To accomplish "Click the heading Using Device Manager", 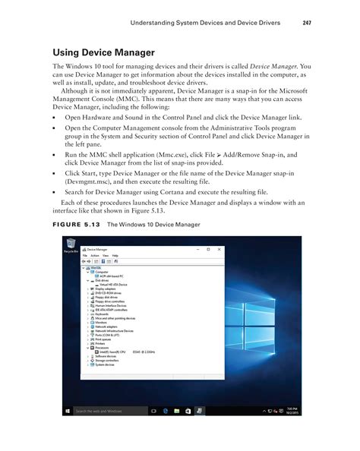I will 103,52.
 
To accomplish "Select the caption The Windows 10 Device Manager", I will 153,225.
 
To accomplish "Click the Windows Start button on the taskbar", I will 68,411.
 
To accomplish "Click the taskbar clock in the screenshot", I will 292,411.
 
